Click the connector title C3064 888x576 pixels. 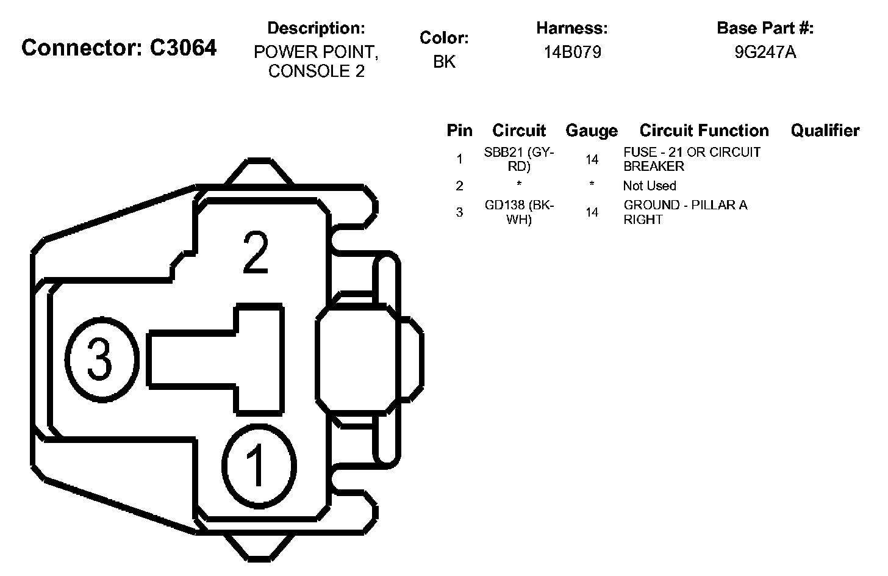tap(119, 48)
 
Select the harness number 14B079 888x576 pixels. tap(572, 52)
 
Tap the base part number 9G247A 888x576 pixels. tap(765, 52)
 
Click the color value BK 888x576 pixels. tap(444, 62)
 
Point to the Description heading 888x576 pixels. tap(316, 28)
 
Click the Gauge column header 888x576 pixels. tap(592, 131)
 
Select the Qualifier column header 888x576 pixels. tap(825, 131)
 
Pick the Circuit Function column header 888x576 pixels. tap(704, 131)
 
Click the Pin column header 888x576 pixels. tap(459, 131)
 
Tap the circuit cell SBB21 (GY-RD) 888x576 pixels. tap(519, 159)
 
